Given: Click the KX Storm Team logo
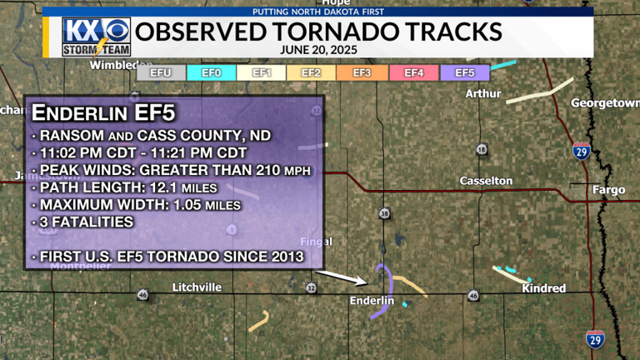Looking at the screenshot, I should coord(96,37).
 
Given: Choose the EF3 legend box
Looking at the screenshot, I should coord(362,73).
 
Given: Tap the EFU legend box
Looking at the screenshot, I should coord(161,73).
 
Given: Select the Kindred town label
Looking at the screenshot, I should coord(543,288).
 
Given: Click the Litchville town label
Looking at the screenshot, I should coord(197,287).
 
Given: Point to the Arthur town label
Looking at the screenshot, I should coord(483,93).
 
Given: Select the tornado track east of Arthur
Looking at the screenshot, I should coord(540,91).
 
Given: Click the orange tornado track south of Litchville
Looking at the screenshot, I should coord(259,322).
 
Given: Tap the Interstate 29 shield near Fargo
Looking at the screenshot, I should coord(582,150).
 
